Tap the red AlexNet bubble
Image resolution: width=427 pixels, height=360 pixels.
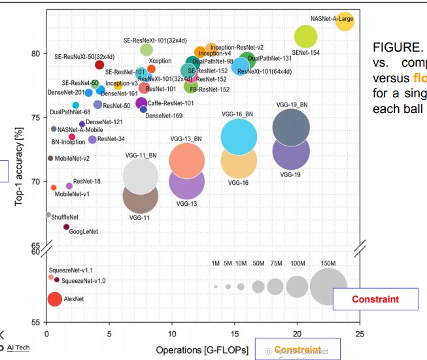[x=55, y=299]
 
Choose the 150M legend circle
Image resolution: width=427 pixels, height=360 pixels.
[x=328, y=286]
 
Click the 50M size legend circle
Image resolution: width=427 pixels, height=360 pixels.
[x=258, y=286]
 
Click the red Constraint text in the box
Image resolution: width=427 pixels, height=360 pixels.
[x=375, y=299]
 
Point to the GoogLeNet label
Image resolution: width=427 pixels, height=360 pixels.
[x=83, y=231]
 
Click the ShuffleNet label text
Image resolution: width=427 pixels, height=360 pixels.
[x=65, y=217]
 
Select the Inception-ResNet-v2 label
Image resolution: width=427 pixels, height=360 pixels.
[x=237, y=48]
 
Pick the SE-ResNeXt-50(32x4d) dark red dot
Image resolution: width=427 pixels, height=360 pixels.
[x=99, y=65]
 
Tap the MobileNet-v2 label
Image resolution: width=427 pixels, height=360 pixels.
[x=72, y=158]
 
